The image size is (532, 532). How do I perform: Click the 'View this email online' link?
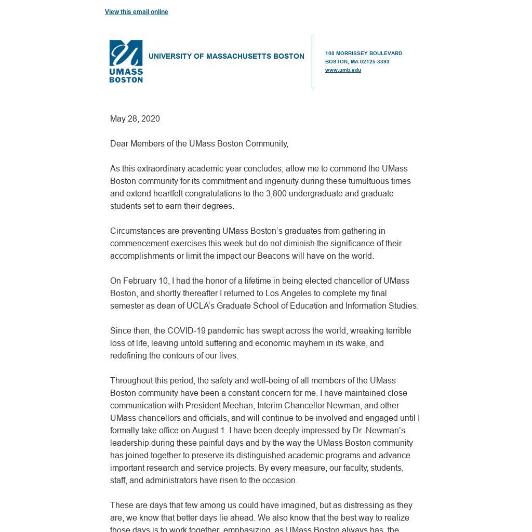(136, 12)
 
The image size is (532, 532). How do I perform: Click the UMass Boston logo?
(126, 61)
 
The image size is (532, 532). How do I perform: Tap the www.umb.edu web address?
(343, 70)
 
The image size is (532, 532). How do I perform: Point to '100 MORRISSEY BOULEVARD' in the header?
(363, 54)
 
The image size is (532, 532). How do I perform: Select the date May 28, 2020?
(135, 119)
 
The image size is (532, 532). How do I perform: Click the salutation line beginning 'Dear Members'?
(199, 144)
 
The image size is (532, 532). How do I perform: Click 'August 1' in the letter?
(209, 431)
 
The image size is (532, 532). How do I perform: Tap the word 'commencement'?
(136, 244)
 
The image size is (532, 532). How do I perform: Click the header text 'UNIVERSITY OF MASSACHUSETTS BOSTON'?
(226, 56)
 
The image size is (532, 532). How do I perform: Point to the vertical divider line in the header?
(312, 61)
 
